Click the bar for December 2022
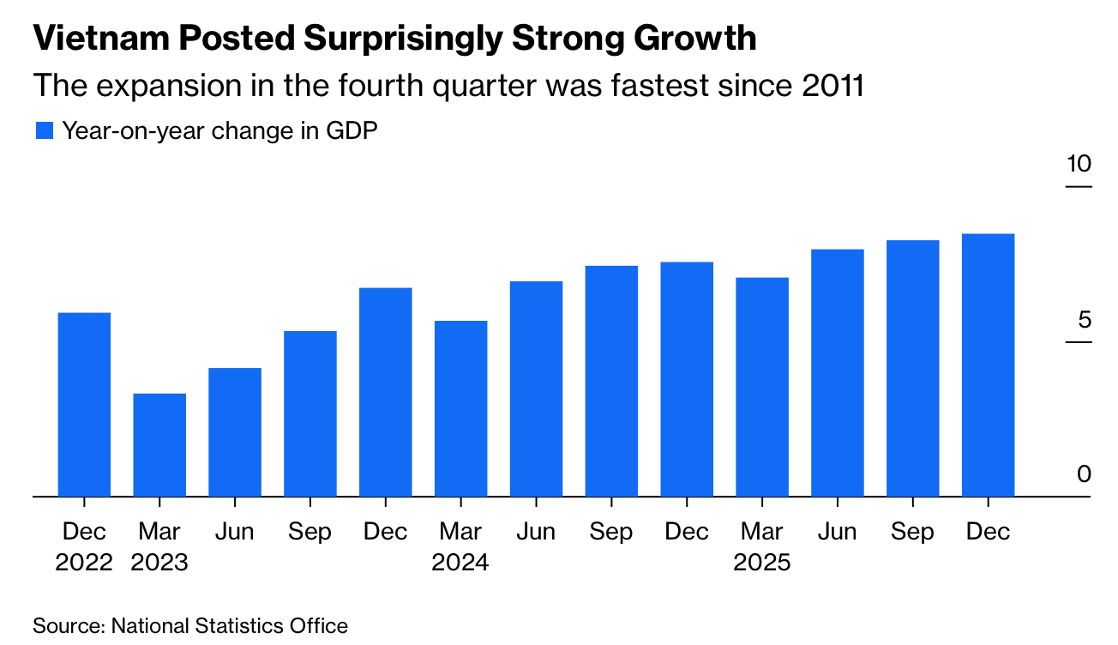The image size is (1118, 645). tap(84, 404)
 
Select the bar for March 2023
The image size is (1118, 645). tap(159, 444)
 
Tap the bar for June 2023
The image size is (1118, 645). tap(235, 431)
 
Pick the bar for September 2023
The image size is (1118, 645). tap(310, 413)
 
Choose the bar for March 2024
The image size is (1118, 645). tap(460, 408)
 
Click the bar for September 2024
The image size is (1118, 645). tap(611, 381)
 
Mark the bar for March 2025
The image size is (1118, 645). tap(762, 387)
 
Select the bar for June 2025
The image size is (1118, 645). tap(837, 372)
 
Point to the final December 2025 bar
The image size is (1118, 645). tap(988, 365)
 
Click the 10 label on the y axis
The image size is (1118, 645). tap(1079, 164)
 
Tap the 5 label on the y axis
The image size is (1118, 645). tap(1085, 320)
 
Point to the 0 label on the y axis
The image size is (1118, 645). tap(1085, 474)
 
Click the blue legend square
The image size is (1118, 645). tap(45, 131)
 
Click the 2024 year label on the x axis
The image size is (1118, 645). tap(460, 564)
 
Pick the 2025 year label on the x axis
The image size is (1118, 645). tap(762, 564)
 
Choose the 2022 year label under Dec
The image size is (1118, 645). tap(84, 564)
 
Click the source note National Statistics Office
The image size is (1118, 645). tap(229, 625)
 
